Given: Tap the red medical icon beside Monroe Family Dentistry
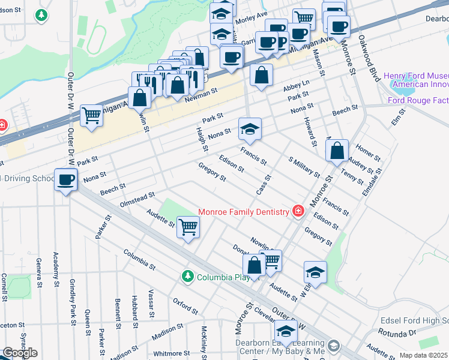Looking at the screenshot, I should click(297, 211).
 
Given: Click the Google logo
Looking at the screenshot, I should click(19, 353).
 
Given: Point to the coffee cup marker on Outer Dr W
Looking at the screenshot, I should click(65, 179).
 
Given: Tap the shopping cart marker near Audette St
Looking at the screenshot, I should click(188, 227).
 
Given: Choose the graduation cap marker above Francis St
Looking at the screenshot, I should click(250, 128).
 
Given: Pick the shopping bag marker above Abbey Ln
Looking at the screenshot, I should click(261, 76).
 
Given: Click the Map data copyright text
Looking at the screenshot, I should click(424, 355).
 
